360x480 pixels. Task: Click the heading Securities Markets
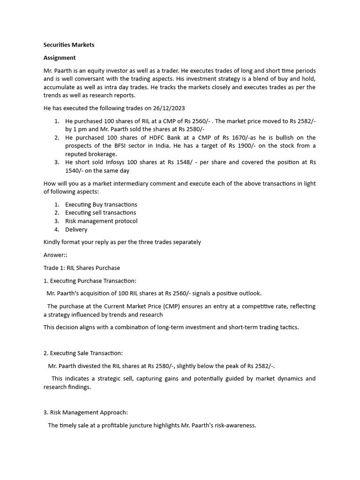pyautogui.click(x=69, y=45)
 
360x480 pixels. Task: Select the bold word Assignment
pyautogui.click(x=60, y=58)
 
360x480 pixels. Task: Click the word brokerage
pyautogui.click(x=103, y=154)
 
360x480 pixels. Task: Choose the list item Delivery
pyautogui.click(x=76, y=230)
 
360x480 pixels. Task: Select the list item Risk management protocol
pyautogui.click(x=101, y=221)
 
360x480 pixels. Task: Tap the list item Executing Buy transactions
pyautogui.click(x=101, y=205)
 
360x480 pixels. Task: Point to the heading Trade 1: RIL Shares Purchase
pyautogui.click(x=82, y=268)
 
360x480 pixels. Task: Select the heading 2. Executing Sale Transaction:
pyautogui.click(x=83, y=353)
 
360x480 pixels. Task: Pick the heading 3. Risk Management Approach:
pyautogui.click(x=85, y=412)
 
